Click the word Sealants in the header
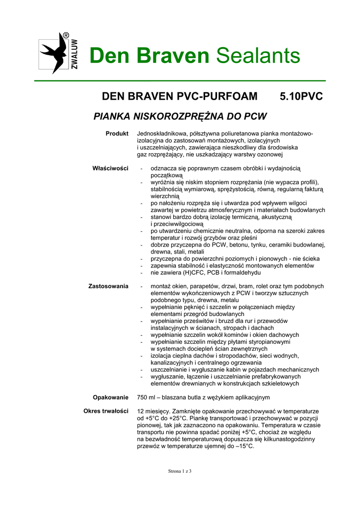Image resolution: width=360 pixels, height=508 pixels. (x=258, y=56)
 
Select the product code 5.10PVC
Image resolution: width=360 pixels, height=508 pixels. (x=301, y=96)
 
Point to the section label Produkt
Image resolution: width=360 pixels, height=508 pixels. (x=117, y=134)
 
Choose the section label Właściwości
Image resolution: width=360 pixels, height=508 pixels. (x=110, y=169)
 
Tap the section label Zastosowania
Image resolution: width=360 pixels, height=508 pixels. (x=108, y=286)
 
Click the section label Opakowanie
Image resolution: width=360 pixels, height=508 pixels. (x=111, y=397)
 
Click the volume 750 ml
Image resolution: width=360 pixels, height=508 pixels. (x=147, y=397)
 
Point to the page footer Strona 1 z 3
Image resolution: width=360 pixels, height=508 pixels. (x=180, y=471)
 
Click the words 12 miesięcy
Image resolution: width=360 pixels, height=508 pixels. (x=154, y=412)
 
